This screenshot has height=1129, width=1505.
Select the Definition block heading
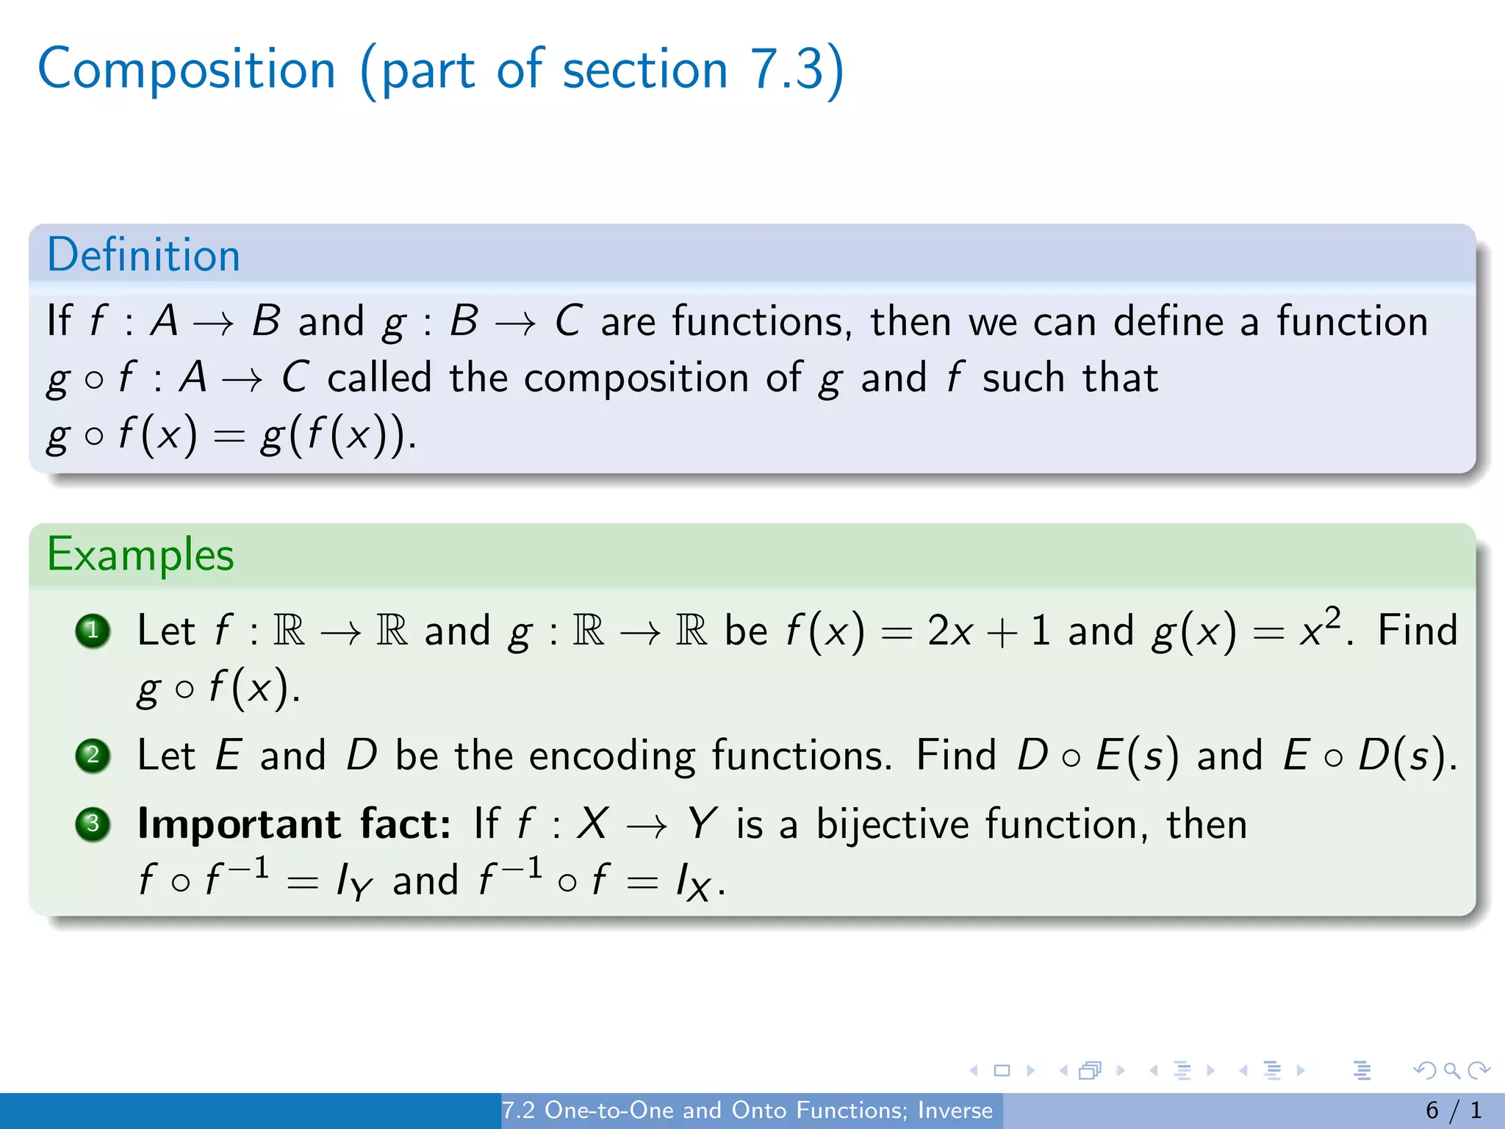click(143, 256)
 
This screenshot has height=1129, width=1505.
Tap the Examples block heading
click(140, 555)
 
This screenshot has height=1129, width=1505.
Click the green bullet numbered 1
click(93, 631)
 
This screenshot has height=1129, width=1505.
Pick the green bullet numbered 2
click(93, 756)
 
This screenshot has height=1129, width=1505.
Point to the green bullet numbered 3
click(93, 824)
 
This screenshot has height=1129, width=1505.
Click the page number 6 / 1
click(1454, 1110)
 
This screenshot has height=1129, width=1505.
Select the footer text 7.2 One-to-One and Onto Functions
click(747, 1110)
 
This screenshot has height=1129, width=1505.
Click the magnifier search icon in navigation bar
click(1451, 1070)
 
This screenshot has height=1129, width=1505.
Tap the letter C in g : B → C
click(568, 322)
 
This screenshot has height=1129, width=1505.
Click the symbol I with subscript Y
click(353, 881)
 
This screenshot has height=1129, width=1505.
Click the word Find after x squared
click(1417, 631)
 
